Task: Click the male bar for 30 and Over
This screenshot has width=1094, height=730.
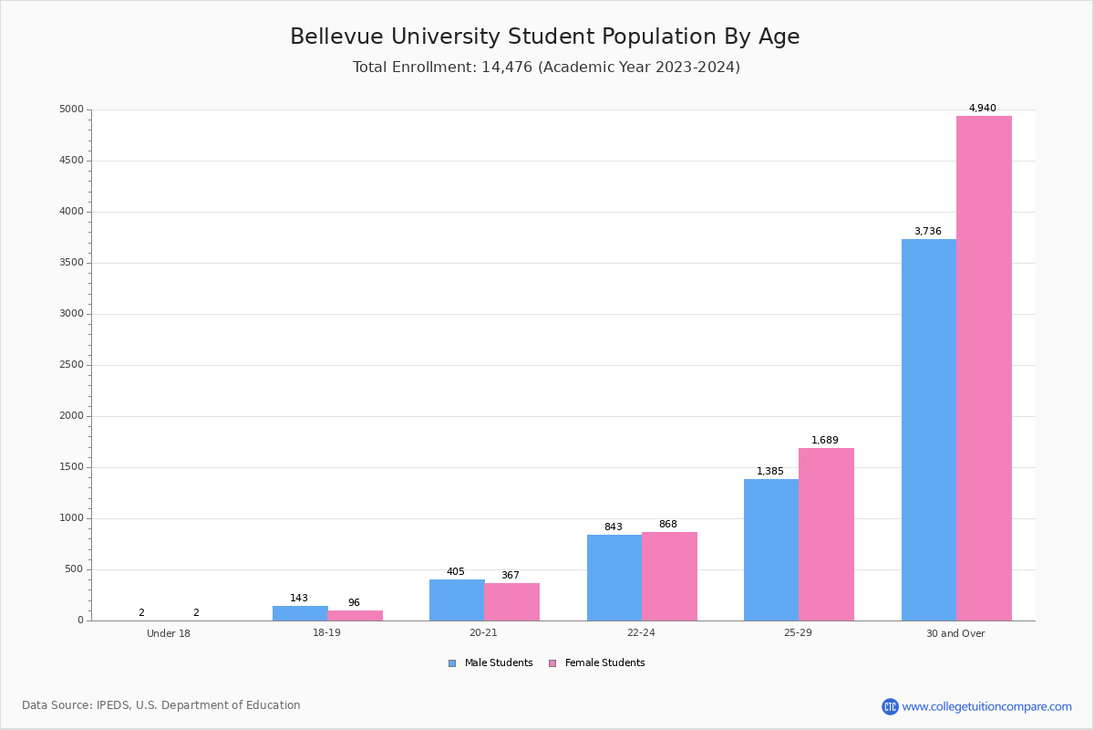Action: [928, 430]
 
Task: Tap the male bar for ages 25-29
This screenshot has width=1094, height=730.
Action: [771, 549]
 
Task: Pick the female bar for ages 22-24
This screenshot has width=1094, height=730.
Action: [669, 576]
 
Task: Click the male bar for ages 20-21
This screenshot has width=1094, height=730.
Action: [457, 600]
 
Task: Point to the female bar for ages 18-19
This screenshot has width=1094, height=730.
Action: [355, 615]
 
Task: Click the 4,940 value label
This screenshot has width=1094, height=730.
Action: [982, 108]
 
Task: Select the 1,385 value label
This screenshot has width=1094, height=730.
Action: [769, 471]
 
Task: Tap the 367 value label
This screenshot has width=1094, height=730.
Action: [510, 575]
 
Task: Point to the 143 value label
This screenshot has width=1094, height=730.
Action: [299, 598]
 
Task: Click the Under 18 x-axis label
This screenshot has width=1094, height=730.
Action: [169, 633]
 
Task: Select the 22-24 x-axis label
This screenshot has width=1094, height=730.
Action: [641, 633]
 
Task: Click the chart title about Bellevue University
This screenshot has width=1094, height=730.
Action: [544, 36]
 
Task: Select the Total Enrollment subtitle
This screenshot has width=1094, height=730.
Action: [546, 67]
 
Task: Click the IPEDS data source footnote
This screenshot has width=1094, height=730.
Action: [161, 705]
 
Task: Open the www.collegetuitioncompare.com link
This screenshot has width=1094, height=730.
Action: [986, 706]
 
